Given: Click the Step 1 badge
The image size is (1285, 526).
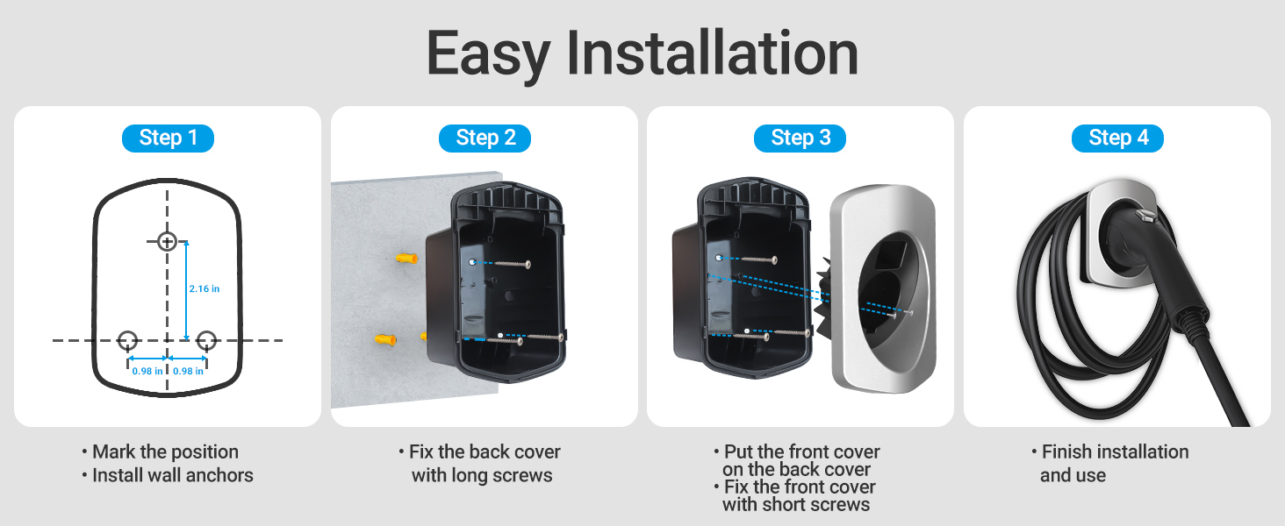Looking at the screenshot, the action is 168,139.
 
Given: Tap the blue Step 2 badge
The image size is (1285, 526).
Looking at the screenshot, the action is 485,139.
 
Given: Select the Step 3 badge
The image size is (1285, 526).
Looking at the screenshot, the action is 800,139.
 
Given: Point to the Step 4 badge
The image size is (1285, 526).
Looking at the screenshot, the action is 1117,139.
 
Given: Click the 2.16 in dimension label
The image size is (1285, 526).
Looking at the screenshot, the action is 205,288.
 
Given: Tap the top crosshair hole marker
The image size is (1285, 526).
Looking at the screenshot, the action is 167,241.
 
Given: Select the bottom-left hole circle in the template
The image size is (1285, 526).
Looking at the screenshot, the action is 127,340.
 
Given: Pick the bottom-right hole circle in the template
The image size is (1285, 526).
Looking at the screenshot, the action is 206,340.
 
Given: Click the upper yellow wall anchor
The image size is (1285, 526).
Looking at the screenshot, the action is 406,259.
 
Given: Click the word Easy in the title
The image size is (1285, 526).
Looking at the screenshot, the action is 488,53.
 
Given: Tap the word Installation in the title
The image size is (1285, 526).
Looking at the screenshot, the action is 712,53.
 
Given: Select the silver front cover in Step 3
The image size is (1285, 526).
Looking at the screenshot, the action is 883,288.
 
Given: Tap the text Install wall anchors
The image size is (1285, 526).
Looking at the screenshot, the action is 173,475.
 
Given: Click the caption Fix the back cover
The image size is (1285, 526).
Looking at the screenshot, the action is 485,451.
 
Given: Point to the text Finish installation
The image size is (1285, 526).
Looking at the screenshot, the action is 1116,451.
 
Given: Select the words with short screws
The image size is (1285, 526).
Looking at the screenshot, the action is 796,504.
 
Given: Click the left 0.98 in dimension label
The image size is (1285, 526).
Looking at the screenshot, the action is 147,372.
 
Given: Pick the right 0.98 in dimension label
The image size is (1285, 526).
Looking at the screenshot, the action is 188,372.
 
